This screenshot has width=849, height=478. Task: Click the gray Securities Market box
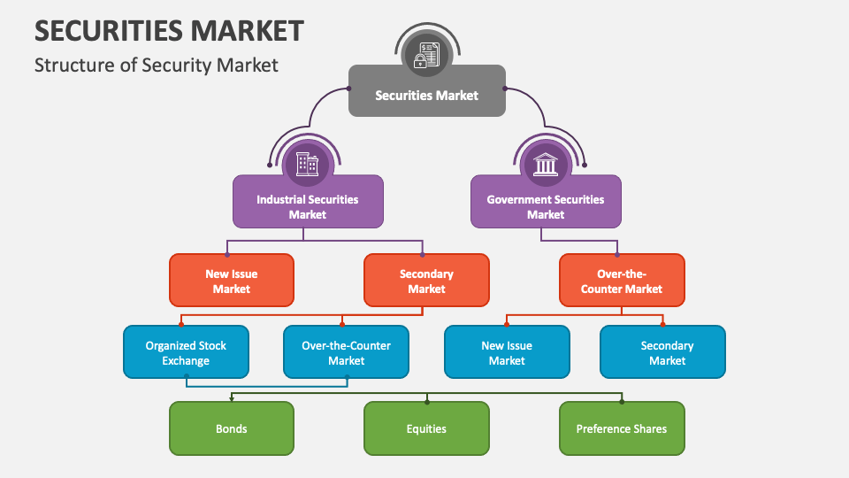click(426, 90)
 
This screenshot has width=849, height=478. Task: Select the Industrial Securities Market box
click(308, 201)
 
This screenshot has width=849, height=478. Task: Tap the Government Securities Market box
click(546, 201)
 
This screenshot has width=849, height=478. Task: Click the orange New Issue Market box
click(232, 281)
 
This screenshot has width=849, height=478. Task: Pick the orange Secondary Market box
click(426, 281)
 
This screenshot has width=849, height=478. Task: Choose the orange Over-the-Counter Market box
click(622, 281)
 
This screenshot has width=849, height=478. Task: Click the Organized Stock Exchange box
click(186, 352)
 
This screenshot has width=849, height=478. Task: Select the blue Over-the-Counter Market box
click(347, 352)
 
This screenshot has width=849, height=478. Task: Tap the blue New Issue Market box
click(507, 352)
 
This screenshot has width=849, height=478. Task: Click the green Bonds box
click(232, 428)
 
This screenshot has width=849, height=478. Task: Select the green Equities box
click(426, 428)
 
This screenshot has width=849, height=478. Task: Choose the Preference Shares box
click(622, 428)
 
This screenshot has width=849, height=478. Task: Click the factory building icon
click(307, 163)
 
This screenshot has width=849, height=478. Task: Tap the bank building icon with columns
click(546, 163)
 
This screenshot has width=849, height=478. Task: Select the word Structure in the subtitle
click(71, 65)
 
